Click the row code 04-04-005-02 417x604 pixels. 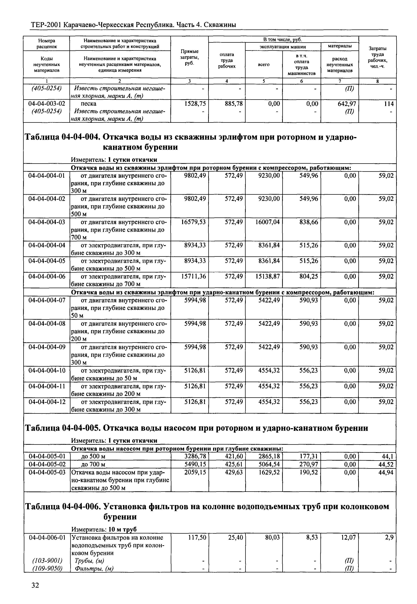click(47, 464)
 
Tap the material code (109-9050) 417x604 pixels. click(47, 568)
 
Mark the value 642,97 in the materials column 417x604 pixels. click(347, 104)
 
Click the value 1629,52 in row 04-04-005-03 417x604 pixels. click(269, 472)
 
